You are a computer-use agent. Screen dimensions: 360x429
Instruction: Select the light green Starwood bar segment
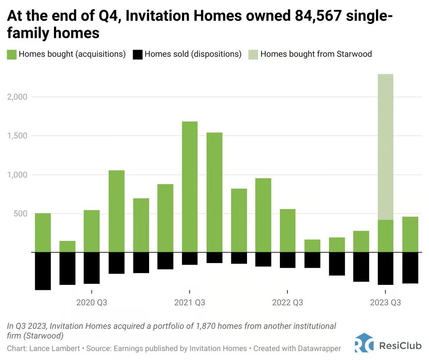[385, 147]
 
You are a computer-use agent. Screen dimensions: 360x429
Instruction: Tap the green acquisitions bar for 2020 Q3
[92, 231]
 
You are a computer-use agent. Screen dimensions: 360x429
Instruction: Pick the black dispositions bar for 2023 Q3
[385, 268]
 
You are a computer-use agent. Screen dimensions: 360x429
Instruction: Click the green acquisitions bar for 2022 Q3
[287, 230]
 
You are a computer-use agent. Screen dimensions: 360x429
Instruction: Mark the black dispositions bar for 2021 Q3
[189, 258]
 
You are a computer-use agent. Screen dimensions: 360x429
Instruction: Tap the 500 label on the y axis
[23, 214]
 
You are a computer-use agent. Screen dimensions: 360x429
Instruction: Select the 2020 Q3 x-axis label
[92, 303]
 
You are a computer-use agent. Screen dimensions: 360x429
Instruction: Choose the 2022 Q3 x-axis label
[287, 303]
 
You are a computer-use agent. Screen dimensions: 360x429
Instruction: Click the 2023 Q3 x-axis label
[385, 303]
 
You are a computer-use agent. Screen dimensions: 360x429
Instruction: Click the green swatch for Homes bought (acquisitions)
[11, 54]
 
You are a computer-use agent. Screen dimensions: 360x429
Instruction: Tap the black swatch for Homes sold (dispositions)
[137, 54]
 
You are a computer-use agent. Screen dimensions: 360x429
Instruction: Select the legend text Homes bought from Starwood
[316, 54]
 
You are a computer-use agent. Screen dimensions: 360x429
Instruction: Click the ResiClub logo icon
[364, 346]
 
